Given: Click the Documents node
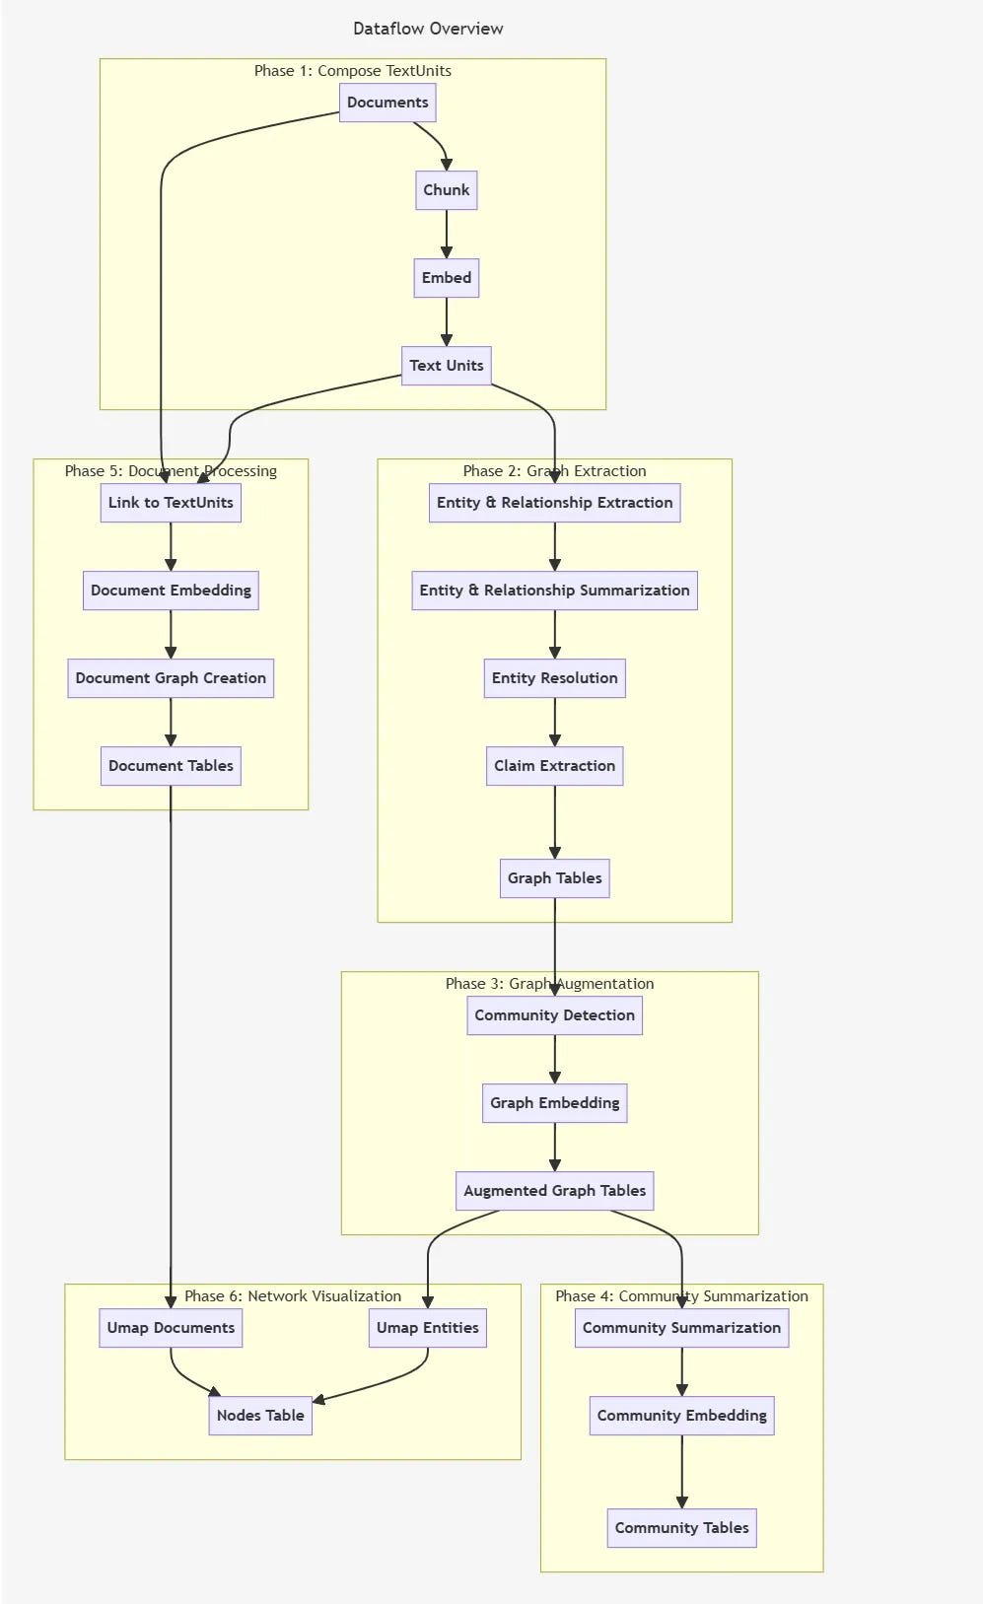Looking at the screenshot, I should [x=387, y=103].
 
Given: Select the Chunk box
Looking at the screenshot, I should [x=446, y=190].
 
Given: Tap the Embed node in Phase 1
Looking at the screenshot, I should [x=446, y=278].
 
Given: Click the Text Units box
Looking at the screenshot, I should [x=446, y=366].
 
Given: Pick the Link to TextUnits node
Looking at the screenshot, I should [x=171, y=503].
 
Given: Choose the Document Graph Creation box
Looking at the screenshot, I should [x=171, y=678].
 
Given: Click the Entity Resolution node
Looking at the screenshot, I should [x=554, y=678].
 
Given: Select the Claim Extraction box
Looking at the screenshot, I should [x=554, y=766].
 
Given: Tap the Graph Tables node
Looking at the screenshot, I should [x=554, y=878].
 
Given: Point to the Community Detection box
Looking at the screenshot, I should [x=554, y=1015].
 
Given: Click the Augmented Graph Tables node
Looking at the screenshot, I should [x=554, y=1191].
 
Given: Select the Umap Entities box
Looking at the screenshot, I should [x=427, y=1328].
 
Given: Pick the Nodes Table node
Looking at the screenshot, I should [x=260, y=1416].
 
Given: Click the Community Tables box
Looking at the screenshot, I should [x=681, y=1528].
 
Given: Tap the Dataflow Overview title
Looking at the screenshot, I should [x=428, y=29].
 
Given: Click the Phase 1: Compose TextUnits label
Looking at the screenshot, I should [x=352, y=71].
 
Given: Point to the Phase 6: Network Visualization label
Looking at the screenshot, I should [x=293, y=1296].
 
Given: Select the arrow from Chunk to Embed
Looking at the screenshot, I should [x=446, y=234].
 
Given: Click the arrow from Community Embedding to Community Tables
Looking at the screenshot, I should [x=681, y=1471].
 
